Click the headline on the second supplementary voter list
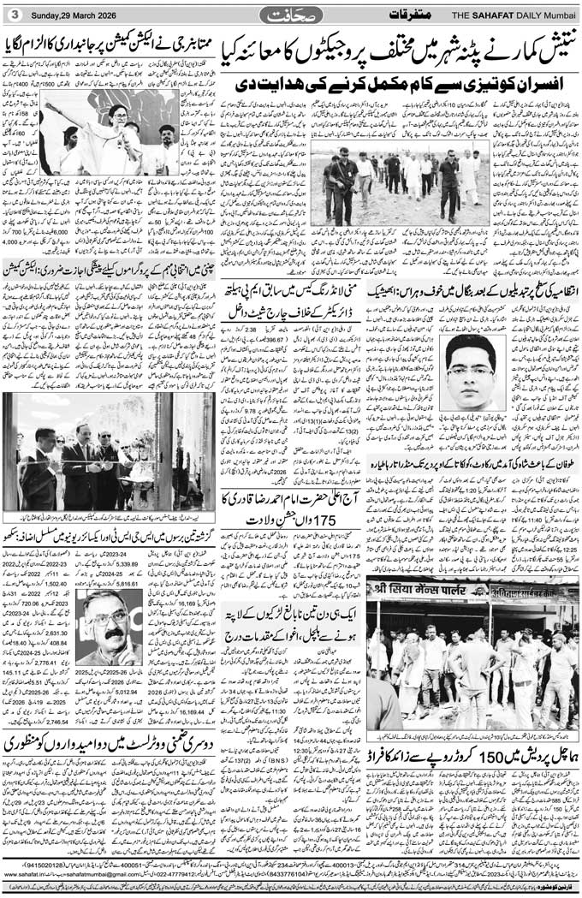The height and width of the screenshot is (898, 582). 109,743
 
